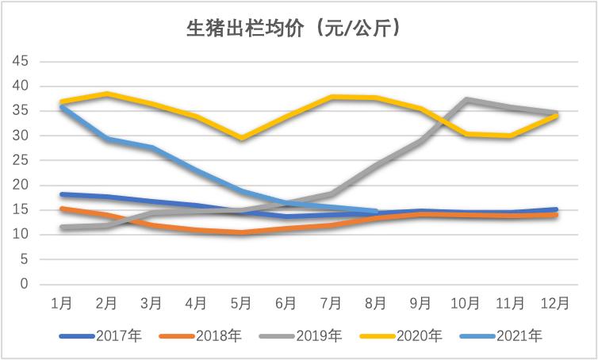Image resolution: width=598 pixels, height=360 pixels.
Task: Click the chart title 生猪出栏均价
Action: [x=292, y=29]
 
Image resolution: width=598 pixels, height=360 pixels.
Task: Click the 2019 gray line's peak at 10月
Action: [x=466, y=100]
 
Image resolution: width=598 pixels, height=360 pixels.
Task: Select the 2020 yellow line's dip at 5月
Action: [x=241, y=139]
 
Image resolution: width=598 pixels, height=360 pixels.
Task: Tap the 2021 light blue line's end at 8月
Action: [x=376, y=212]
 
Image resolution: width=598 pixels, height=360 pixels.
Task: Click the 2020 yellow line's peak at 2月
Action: [x=107, y=94]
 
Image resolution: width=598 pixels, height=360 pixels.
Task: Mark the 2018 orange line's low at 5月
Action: [x=241, y=232]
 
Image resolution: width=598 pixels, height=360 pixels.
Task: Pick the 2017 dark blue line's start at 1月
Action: [x=62, y=194]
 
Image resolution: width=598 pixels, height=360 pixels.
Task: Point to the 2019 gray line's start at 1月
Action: [x=62, y=228]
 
